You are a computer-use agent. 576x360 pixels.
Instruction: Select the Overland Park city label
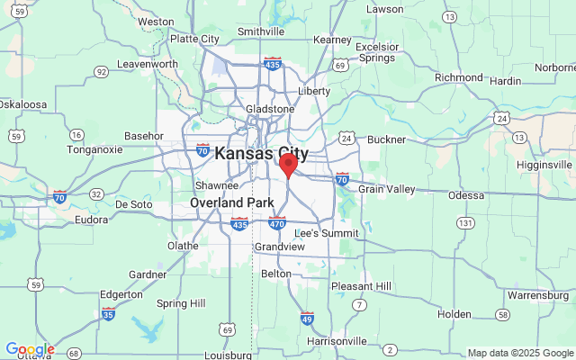pos(231,203)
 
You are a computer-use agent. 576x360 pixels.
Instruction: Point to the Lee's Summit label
pos(320,233)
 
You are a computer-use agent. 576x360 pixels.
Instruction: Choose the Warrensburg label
pos(538,294)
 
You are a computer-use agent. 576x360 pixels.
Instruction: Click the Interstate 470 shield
pos(277,223)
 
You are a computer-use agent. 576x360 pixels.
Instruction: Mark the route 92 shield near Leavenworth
pos(102,71)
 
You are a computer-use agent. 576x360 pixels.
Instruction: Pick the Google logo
pos(29,349)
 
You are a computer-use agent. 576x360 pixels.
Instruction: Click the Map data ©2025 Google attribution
pos(520,353)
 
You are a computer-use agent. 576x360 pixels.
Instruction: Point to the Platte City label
pos(194,39)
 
